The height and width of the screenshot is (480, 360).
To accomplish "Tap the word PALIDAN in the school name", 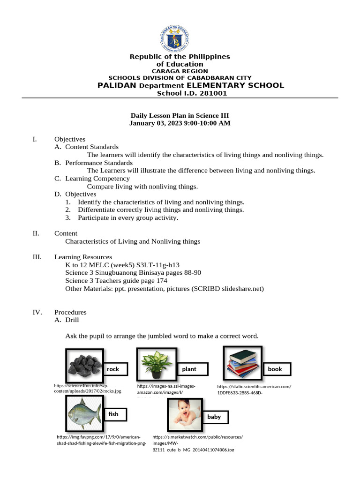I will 117,85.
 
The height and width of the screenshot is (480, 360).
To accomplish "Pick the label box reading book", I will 277,369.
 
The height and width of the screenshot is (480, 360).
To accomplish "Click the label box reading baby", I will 214,417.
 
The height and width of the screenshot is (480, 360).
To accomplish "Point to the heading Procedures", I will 70,312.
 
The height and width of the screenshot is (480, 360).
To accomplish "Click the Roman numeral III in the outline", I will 37,257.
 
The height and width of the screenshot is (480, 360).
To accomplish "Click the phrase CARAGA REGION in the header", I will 180,71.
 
